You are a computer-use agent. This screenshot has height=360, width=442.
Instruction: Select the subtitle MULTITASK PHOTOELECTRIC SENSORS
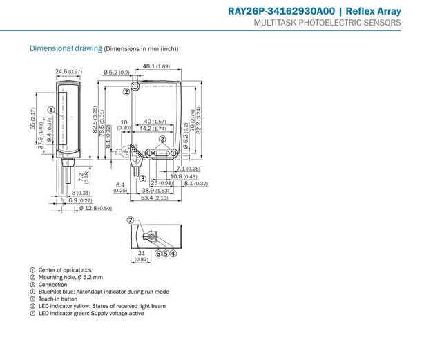327,23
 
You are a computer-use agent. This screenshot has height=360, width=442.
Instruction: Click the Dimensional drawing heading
66,48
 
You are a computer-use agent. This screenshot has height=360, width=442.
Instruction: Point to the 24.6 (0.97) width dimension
69,71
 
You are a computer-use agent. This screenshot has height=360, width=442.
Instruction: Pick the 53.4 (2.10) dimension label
155,198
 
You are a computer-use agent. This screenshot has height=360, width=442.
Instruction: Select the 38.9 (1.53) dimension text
155,190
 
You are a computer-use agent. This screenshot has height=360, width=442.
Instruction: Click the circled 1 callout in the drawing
52,110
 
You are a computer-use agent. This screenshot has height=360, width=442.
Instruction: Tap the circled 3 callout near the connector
142,180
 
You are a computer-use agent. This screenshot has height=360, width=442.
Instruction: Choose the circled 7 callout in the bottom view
130,220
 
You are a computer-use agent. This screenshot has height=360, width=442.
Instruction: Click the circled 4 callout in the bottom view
174,254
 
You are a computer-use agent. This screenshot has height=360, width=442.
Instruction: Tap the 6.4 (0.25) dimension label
121,187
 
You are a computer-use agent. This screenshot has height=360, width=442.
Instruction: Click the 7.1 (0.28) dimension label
188,169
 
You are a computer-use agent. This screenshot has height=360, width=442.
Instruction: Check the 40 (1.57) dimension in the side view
156,121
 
